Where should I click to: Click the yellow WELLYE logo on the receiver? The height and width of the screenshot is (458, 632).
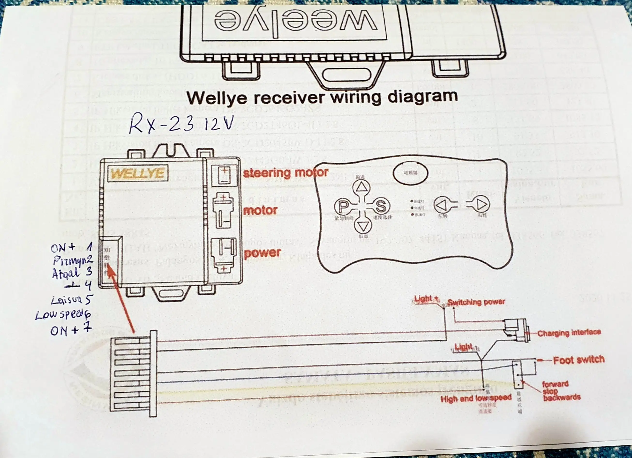point(138,173)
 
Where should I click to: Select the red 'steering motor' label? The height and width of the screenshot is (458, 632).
point(286,173)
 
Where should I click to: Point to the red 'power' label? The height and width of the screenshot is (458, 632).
point(262,253)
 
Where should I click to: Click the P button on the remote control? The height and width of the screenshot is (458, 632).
point(343,206)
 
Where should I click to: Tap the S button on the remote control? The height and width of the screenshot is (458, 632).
point(381,206)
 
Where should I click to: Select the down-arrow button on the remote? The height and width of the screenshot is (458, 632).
point(363,226)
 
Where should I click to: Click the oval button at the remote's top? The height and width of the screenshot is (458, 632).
point(410,173)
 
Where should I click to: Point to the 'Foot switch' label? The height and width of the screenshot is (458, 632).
point(579,360)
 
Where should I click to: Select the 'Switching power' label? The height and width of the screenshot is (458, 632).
point(476,302)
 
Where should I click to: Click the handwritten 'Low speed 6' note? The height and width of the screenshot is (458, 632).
point(63,315)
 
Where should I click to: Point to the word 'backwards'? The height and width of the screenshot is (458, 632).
point(562,397)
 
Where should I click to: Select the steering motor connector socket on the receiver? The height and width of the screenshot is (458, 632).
point(224,175)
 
